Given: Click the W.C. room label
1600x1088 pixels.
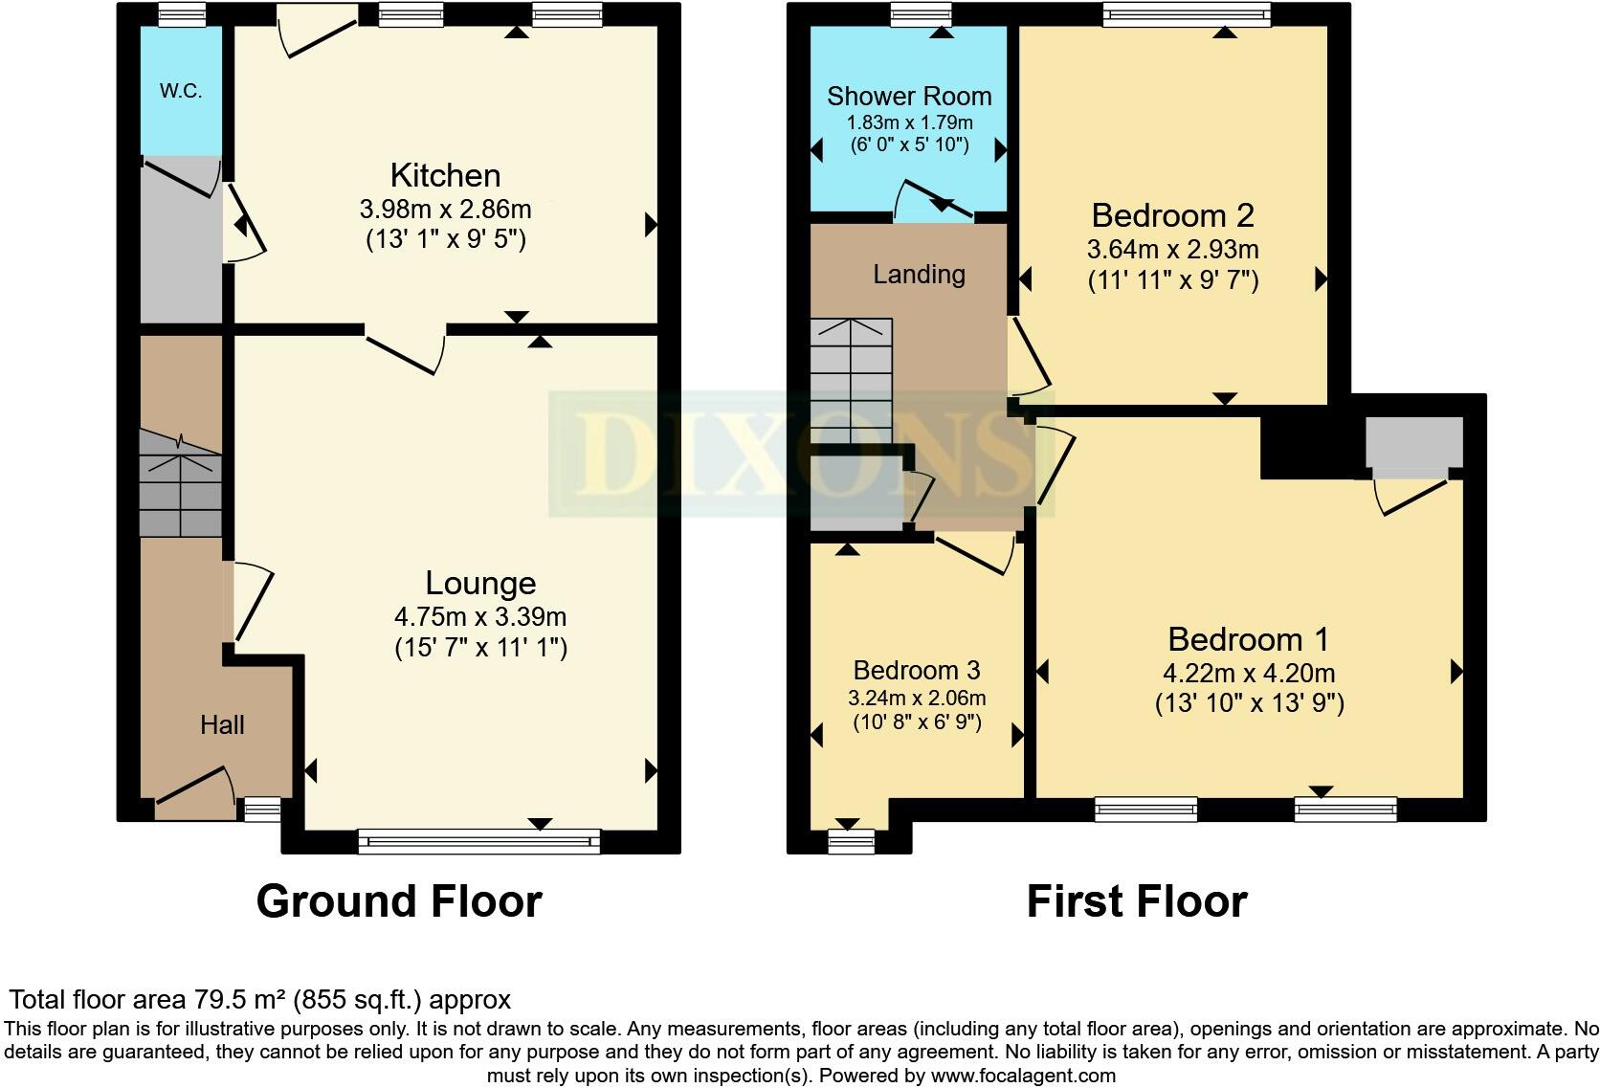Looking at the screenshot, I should [x=180, y=92].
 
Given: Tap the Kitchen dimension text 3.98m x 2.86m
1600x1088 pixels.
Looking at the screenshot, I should [x=445, y=208].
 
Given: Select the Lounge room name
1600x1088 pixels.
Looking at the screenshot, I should [x=479, y=583].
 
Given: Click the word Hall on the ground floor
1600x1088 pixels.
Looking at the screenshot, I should [x=222, y=724].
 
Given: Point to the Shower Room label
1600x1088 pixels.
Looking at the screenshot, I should [x=908, y=96].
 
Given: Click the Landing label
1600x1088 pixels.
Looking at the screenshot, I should [x=919, y=275].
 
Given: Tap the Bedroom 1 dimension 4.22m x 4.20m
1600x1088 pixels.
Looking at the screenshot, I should [x=1250, y=673].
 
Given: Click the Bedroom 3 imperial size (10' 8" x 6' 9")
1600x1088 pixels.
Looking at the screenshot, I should [x=917, y=722].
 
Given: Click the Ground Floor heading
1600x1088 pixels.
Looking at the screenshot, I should [x=399, y=901].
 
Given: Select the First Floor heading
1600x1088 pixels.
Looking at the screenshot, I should [x=1137, y=901].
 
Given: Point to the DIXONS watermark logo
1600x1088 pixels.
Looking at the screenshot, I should [x=802, y=454].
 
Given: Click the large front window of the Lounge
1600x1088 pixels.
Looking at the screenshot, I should [x=478, y=842].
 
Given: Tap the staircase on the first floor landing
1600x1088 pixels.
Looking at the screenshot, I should [x=851, y=381].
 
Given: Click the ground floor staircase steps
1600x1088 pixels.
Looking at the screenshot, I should [x=181, y=483].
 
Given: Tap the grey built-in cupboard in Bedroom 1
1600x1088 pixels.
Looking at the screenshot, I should [x=1413, y=442].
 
